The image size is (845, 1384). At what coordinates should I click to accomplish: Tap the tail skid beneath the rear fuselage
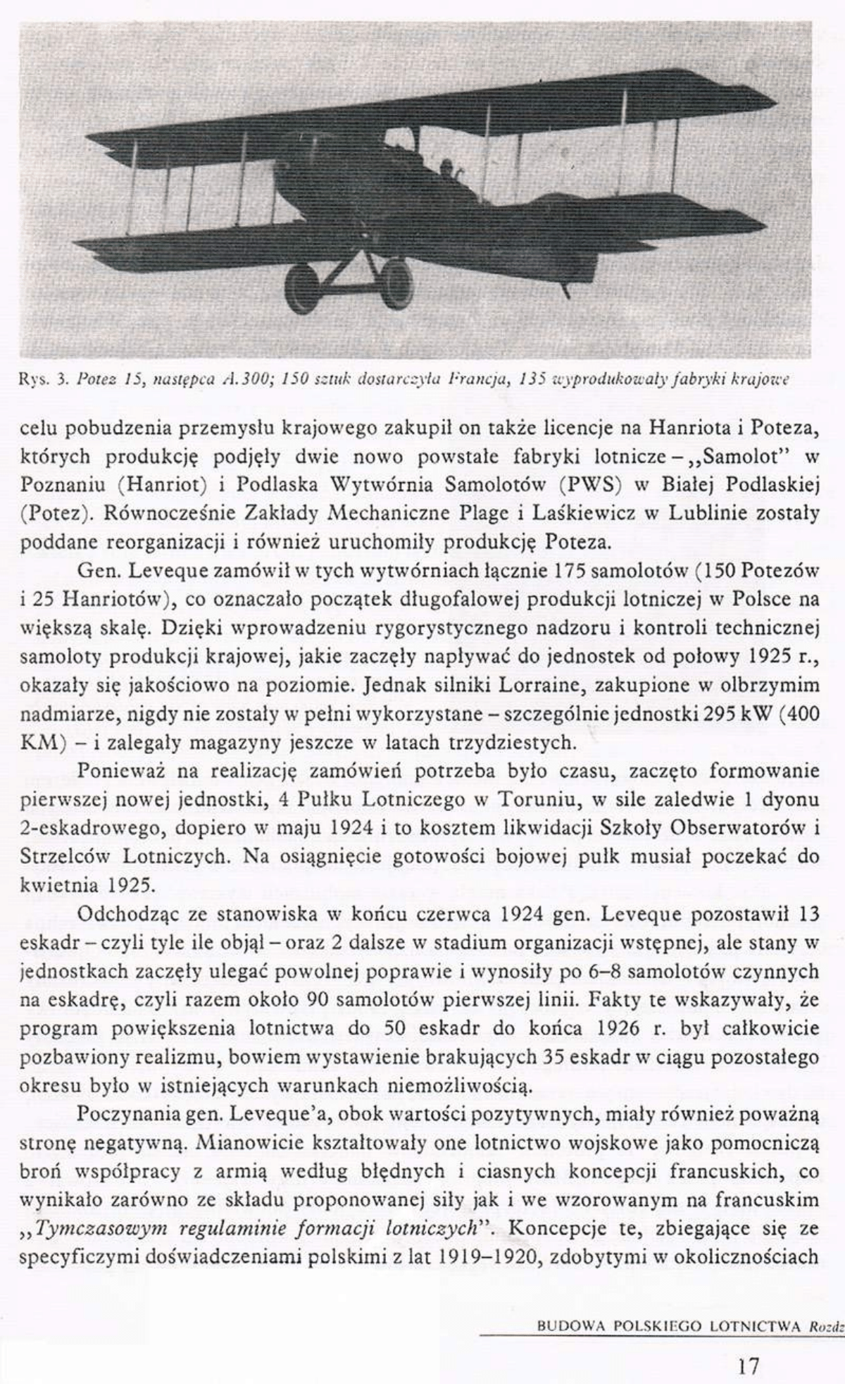[564, 289]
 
